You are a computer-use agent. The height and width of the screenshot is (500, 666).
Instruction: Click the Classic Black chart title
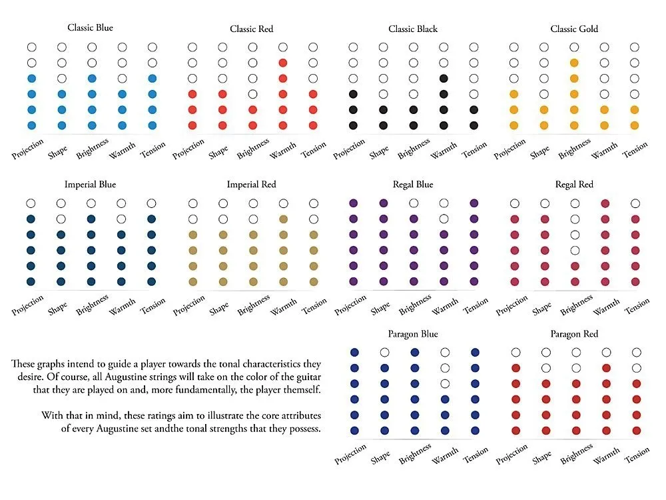click(x=413, y=29)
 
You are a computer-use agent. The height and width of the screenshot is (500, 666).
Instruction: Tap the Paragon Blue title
click(x=413, y=334)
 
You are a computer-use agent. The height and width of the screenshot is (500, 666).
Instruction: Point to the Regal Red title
click(x=573, y=185)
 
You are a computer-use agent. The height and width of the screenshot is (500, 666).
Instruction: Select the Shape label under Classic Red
click(x=218, y=153)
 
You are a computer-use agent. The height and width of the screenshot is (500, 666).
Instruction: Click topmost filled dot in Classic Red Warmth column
click(x=283, y=63)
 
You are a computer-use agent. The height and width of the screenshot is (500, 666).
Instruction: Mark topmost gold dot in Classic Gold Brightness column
click(x=574, y=63)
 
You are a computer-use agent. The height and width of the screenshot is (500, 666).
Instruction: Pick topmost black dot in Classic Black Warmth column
click(x=444, y=79)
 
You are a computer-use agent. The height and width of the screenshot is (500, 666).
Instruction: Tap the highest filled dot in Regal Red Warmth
click(x=605, y=203)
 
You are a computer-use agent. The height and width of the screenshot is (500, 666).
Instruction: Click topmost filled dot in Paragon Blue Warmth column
click(x=444, y=399)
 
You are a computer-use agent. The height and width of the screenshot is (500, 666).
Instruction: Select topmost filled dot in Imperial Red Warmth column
click(x=283, y=219)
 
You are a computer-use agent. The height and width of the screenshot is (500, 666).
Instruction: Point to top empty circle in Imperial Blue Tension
click(x=152, y=203)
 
